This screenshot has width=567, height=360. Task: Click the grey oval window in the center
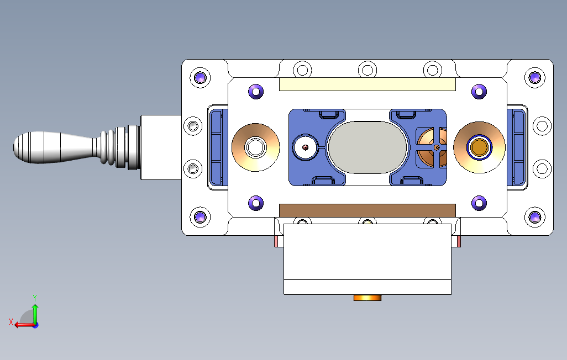tap(368, 147)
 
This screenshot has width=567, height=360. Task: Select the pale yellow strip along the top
tap(368, 84)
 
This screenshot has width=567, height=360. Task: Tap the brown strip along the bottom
tap(368, 210)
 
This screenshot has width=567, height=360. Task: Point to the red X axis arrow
tap(24, 325)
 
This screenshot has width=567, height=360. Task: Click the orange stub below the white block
tap(368, 298)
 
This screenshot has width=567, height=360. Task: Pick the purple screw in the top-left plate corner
tap(200, 77)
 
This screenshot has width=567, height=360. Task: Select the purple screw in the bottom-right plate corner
tap(535, 217)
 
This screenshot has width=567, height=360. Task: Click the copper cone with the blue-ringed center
tap(479, 147)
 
